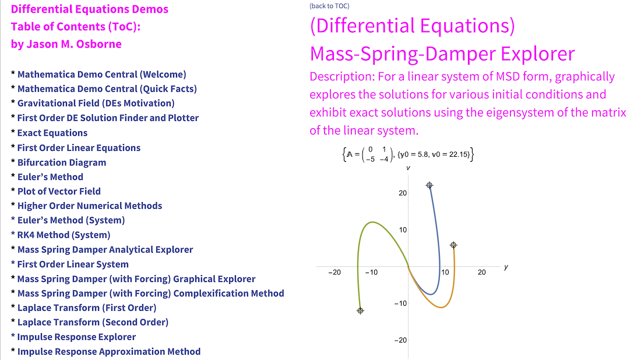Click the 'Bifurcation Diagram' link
click(x=62, y=162)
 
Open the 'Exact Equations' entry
click(x=52, y=133)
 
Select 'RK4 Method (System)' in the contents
click(x=64, y=235)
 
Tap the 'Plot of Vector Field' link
click(x=59, y=191)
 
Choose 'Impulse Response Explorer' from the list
click(x=76, y=337)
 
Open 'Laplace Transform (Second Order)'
click(x=93, y=322)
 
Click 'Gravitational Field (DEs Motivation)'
click(x=96, y=103)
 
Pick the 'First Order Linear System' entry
click(x=73, y=264)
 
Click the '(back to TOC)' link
click(x=329, y=6)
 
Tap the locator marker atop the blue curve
click(x=429, y=185)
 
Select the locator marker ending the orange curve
click(x=453, y=245)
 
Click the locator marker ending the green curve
click(x=360, y=310)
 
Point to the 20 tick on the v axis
click(x=403, y=193)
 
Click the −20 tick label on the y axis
click(x=334, y=272)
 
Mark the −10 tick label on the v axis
click(x=401, y=303)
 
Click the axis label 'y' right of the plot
click(x=506, y=267)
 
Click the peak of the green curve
click(x=372, y=222)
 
